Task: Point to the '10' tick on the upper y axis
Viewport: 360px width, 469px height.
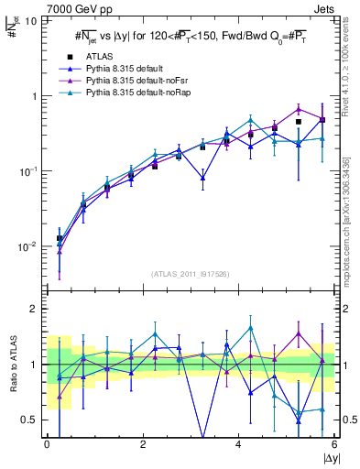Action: (30, 20)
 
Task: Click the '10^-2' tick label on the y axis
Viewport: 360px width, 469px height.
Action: (28, 246)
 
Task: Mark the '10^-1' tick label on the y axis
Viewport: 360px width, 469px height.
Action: (28, 171)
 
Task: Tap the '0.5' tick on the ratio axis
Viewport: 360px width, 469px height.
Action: (29, 420)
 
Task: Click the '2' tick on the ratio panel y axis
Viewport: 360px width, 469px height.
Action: (33, 309)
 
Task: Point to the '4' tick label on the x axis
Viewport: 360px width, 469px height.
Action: (238, 444)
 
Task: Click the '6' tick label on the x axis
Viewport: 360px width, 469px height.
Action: (333, 444)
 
